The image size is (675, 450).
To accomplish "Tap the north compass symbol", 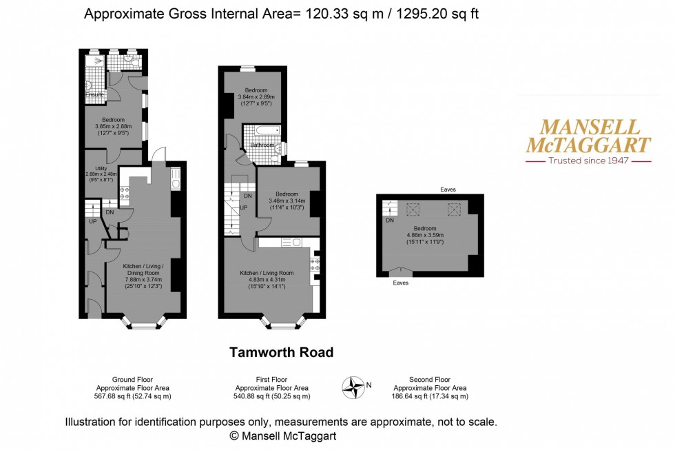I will tap(355, 387).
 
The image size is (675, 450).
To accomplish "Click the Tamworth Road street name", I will tap(281, 352).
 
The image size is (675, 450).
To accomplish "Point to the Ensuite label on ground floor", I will tap(95, 94).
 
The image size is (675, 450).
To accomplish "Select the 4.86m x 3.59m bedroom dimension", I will tap(425, 235).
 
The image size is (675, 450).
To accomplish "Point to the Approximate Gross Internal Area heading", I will tap(281, 13).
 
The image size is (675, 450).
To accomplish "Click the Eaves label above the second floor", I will tap(448, 189).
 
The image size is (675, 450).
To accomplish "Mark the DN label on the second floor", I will tap(389, 221).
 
